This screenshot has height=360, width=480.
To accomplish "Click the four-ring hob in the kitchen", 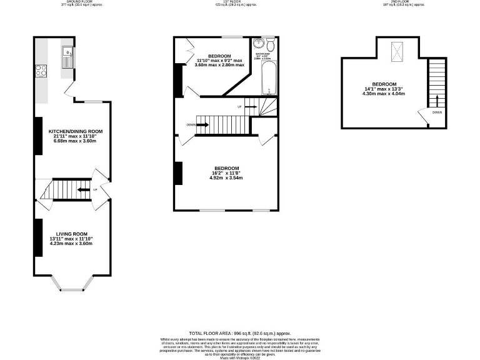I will (x=42, y=70).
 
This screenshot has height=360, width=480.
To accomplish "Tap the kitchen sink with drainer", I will (x=67, y=57).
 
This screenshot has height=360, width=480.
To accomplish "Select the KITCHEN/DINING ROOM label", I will (x=74, y=131).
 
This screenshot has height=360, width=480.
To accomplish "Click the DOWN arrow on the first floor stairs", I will (x=202, y=124).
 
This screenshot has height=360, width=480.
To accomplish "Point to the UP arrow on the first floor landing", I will (x=249, y=107).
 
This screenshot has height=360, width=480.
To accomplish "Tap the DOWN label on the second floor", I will (x=436, y=112).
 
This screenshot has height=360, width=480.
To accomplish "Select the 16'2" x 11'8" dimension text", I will (x=227, y=173).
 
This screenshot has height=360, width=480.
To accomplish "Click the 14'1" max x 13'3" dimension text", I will (x=384, y=89).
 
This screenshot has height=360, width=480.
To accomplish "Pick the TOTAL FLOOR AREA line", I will (x=240, y=334).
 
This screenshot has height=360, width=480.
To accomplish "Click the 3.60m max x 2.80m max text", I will (x=219, y=65).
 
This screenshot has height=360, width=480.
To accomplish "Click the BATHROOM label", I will (x=261, y=54).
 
